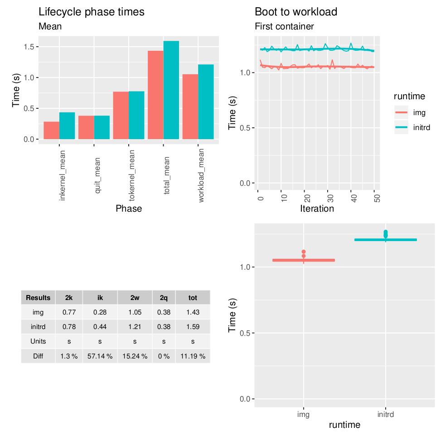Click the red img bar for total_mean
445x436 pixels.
(x=155, y=95)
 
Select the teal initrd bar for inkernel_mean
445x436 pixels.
(x=67, y=126)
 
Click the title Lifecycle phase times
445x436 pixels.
(x=92, y=12)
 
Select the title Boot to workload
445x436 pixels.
(x=296, y=12)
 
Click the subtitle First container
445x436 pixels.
(x=284, y=27)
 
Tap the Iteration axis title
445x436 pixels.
(x=317, y=208)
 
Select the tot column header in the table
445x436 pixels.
(x=193, y=298)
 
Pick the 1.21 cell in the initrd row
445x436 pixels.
(x=135, y=326)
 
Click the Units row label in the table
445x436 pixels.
(x=38, y=341)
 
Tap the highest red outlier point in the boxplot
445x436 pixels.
(x=304, y=252)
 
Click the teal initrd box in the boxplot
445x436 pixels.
(x=385, y=240)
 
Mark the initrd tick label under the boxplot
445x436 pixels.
(x=385, y=414)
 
